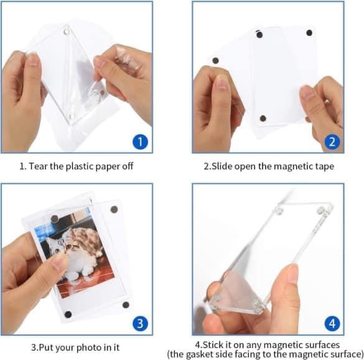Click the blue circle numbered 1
click(x=141, y=141)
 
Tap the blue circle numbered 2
click(x=332, y=141)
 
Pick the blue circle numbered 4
click(x=332, y=324)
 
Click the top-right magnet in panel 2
click(x=309, y=32)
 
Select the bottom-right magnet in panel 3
click(x=124, y=305)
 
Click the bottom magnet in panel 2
click(x=262, y=118)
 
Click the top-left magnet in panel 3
click(x=55, y=217)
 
